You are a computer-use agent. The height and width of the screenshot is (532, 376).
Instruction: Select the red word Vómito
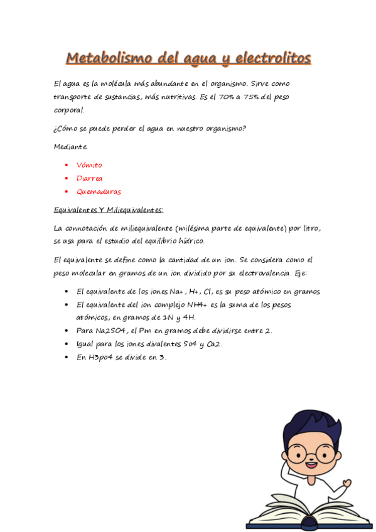pos(89,165)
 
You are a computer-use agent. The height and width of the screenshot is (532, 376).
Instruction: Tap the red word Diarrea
pos(89,178)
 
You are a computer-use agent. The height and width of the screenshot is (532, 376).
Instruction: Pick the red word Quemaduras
pos(99,191)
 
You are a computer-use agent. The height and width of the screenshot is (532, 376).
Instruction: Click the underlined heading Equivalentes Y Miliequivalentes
pos(109,210)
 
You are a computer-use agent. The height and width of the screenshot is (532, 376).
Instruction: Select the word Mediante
pos(71,146)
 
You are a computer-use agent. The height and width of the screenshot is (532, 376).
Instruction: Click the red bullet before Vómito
pos(67,166)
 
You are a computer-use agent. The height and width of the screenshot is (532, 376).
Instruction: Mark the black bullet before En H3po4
pos(67,357)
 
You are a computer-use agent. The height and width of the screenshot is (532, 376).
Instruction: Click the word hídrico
pos(190,240)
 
